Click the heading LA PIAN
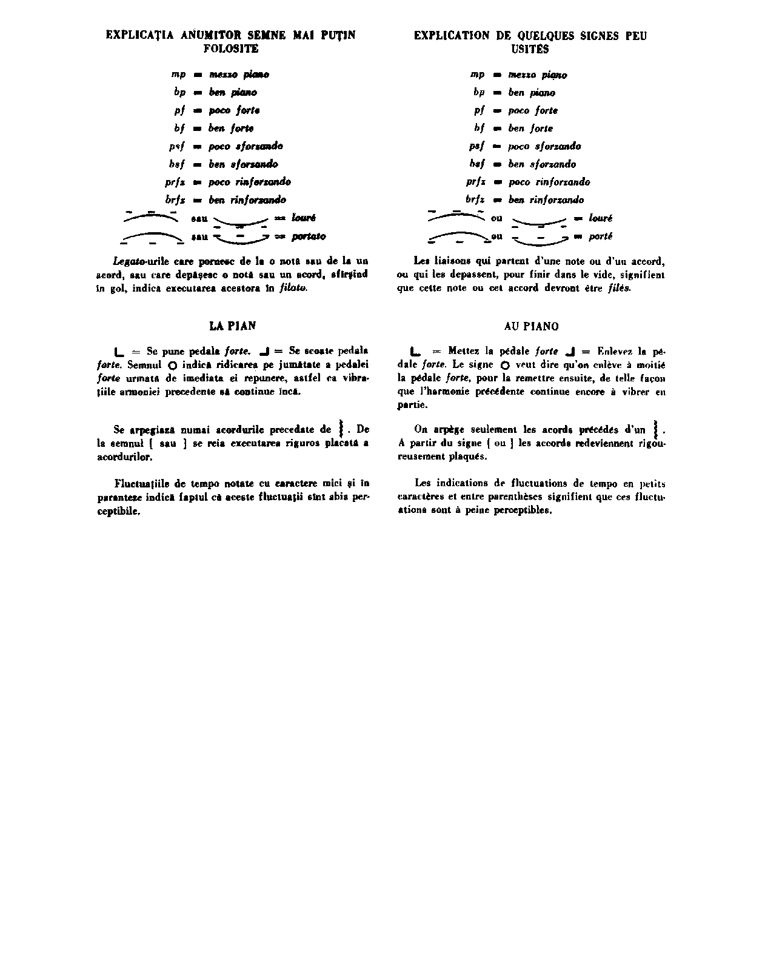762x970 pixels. click(233, 326)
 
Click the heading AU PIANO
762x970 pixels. click(531, 326)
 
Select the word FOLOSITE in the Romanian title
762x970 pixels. click(230, 48)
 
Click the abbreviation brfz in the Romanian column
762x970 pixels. click(175, 199)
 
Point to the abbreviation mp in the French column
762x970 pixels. click(478, 75)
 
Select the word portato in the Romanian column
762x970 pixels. click(309, 236)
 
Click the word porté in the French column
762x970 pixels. click(601, 236)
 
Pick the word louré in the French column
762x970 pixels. click(601, 218)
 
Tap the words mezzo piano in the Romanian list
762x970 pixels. click(239, 75)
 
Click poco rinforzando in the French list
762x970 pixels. click(549, 182)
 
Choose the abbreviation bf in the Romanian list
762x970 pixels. click(179, 128)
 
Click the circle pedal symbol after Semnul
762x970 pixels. click(172, 366)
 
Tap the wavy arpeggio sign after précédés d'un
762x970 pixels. click(656, 429)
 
